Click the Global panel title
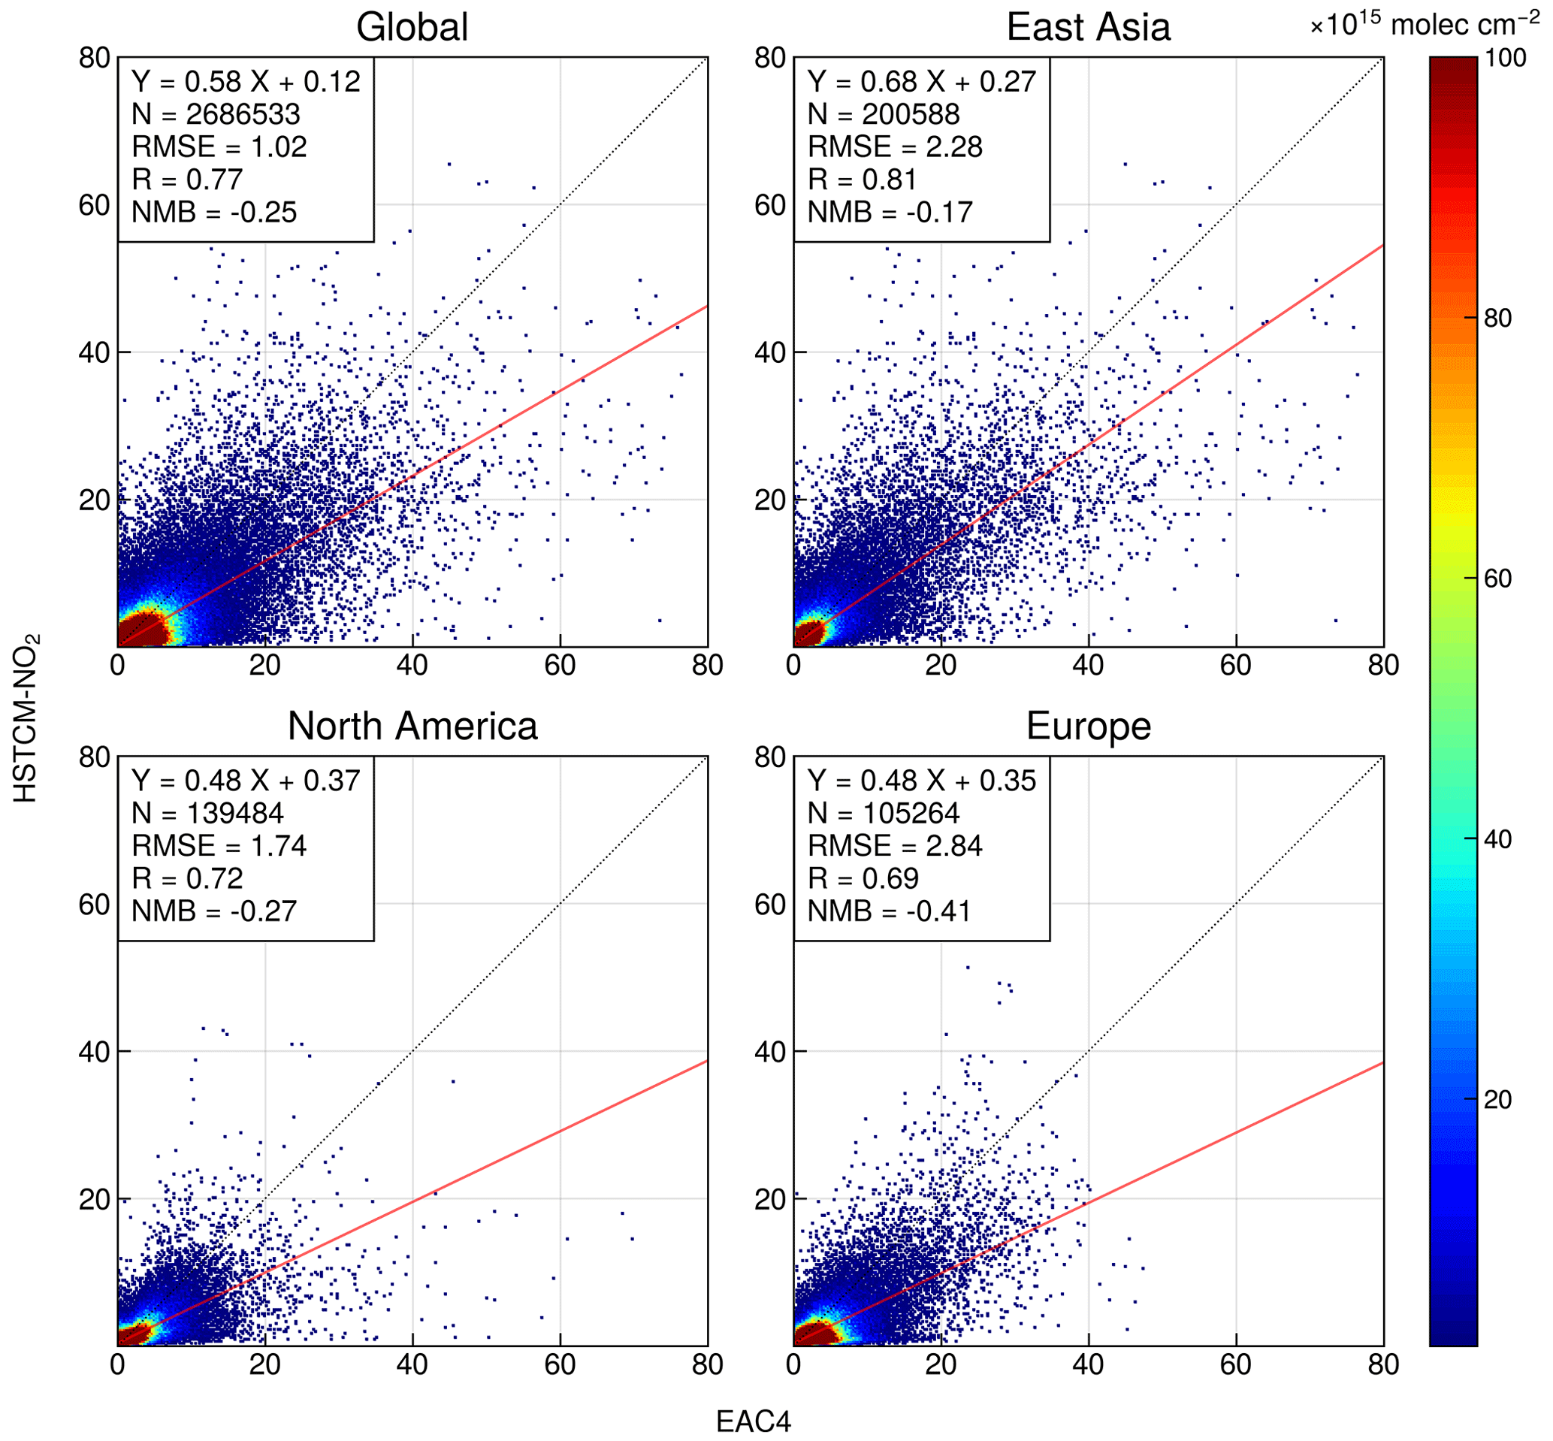[412, 27]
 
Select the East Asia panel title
[1088, 27]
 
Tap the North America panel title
[412, 726]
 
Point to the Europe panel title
[1088, 726]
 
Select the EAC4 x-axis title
[753, 1421]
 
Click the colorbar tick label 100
[1504, 58]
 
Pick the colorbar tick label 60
[1497, 579]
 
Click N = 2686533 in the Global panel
[216, 115]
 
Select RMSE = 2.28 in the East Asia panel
[894, 147]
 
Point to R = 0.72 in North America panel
[187, 879]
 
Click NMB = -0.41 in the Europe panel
[889, 911]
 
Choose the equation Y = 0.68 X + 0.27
[922, 82]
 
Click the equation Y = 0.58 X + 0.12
[246, 82]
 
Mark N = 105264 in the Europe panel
[884, 814]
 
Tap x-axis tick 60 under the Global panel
[559, 666]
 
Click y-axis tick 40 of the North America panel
[94, 1052]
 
